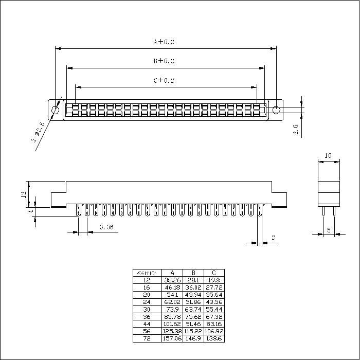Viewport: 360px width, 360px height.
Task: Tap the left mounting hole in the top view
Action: tap(56, 110)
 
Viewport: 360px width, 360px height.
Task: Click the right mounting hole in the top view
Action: tap(276, 110)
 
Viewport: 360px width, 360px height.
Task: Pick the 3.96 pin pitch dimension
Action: tap(107, 227)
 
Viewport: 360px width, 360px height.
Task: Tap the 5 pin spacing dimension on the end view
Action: tap(328, 230)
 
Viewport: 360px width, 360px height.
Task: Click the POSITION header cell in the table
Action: tap(147, 273)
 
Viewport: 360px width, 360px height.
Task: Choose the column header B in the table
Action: tap(193, 273)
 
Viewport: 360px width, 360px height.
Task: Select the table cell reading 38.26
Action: tap(172, 280)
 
